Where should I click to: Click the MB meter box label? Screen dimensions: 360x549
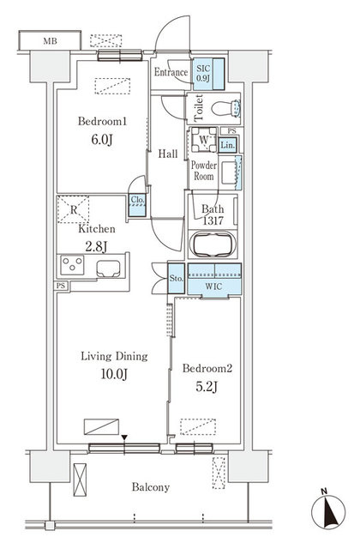pyautogui.click(x=50, y=41)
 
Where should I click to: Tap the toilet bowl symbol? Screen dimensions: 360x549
pyautogui.click(x=225, y=108)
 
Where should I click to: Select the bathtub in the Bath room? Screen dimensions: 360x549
pyautogui.click(x=213, y=244)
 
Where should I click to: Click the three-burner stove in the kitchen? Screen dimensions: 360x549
pyautogui.click(x=72, y=265)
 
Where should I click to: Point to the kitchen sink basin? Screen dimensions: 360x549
pyautogui.click(x=109, y=268)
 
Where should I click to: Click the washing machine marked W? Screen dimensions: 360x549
pyautogui.click(x=204, y=139)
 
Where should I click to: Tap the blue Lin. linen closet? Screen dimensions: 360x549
pyautogui.click(x=228, y=145)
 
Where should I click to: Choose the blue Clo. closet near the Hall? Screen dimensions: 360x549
pyautogui.click(x=137, y=205)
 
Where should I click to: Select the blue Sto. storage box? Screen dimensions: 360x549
pyautogui.click(x=176, y=278)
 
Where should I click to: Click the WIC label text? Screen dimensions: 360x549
pyautogui.click(x=213, y=287)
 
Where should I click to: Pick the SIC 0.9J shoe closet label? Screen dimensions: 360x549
pyautogui.click(x=203, y=73)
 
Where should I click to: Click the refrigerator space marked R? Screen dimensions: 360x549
pyautogui.click(x=73, y=209)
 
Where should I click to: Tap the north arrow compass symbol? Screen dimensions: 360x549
pyautogui.click(x=327, y=511)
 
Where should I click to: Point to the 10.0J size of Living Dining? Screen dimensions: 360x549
pyautogui.click(x=114, y=374)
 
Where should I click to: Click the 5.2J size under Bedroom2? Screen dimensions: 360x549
pyautogui.click(x=207, y=387)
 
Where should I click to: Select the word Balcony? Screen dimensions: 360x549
pyautogui.click(x=151, y=487)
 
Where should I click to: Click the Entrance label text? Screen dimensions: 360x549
pyautogui.click(x=171, y=72)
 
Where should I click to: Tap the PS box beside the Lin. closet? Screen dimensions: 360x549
pyautogui.click(x=231, y=131)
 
